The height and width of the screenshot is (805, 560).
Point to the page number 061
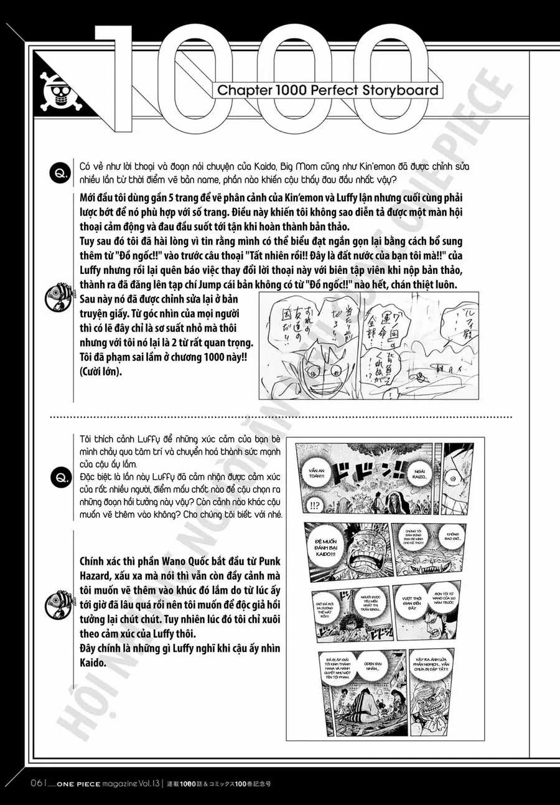point(34,782)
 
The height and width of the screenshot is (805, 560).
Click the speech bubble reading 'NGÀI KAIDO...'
point(419,476)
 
